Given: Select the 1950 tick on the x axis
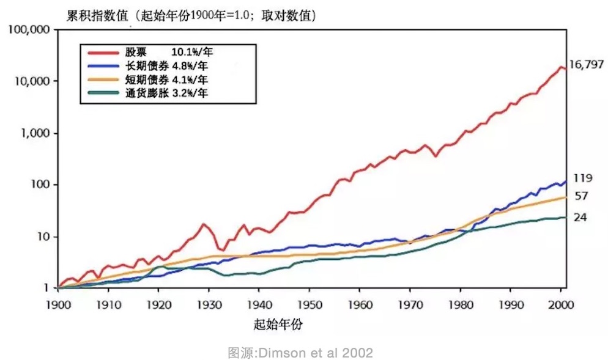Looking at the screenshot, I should point(310,304).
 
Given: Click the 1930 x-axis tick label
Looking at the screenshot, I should point(209,304).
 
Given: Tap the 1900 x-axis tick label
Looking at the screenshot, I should point(58,304).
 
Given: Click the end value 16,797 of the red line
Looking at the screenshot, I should point(587,64).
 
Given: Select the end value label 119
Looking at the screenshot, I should point(582,178).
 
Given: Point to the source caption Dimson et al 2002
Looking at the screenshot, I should point(300,353).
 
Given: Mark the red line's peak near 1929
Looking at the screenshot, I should point(204,224).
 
